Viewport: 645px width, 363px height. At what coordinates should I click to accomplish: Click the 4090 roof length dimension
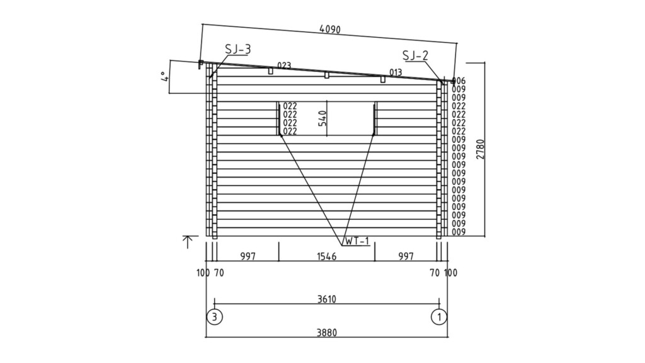click(x=330, y=30)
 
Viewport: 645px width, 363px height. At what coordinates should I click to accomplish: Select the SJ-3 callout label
click(x=237, y=49)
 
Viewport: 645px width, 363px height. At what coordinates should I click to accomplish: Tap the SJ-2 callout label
click(x=416, y=55)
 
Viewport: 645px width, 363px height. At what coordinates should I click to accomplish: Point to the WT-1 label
click(x=357, y=241)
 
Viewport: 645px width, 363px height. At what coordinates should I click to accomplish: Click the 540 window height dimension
click(x=322, y=118)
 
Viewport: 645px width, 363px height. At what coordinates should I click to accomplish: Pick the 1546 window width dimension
click(x=327, y=257)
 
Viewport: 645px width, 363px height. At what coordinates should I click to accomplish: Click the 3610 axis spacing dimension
click(x=327, y=299)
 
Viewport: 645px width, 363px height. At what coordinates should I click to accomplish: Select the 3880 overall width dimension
click(x=327, y=332)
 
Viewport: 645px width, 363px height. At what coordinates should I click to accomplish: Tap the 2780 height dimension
click(x=480, y=149)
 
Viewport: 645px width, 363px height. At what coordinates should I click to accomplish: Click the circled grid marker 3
click(x=214, y=317)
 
